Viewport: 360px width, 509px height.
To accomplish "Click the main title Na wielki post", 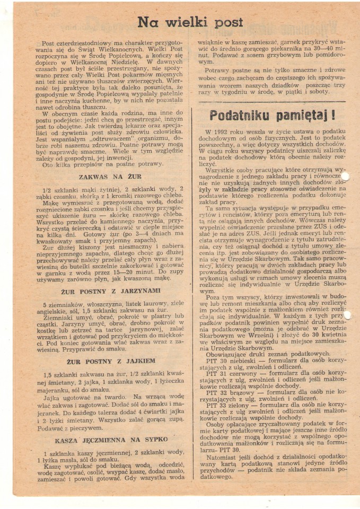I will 190,22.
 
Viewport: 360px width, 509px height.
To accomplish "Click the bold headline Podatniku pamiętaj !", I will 271,115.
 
